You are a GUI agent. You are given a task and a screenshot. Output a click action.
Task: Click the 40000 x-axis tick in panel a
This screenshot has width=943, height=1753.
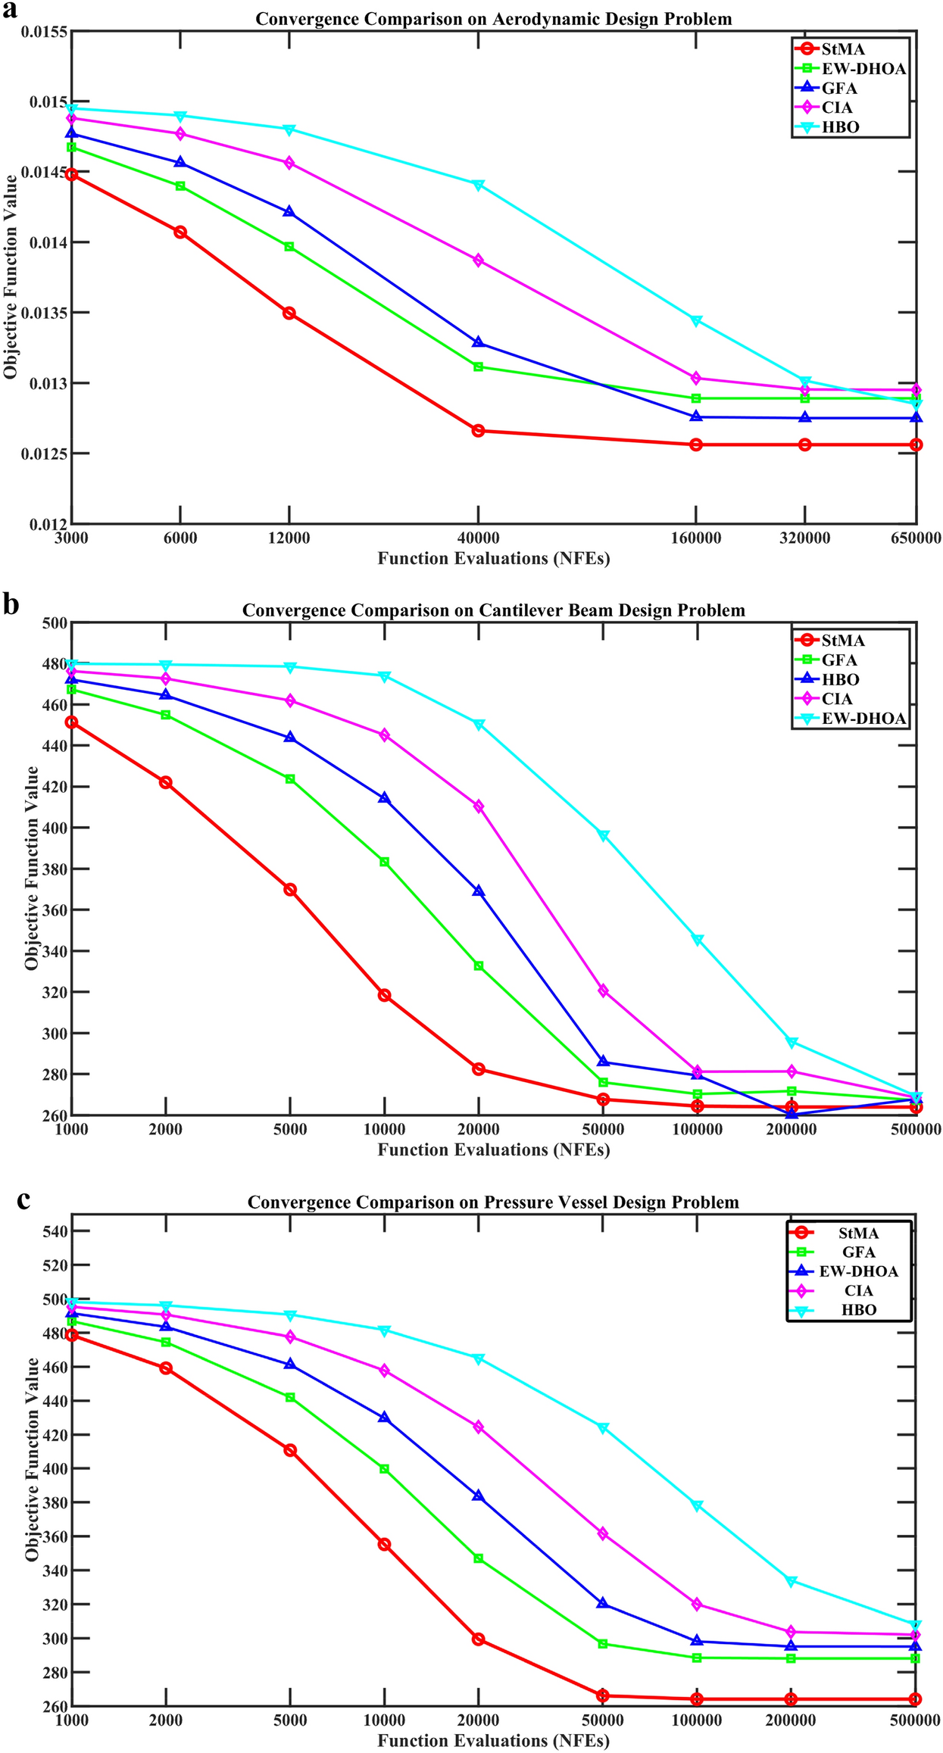[478, 538]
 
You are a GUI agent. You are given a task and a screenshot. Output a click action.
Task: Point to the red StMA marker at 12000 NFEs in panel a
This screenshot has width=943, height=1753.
[289, 313]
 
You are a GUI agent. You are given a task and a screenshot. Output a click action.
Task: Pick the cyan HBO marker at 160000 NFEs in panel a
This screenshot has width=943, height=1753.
[696, 321]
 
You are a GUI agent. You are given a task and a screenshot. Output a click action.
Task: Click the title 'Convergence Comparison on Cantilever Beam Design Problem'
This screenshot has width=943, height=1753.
[493, 610]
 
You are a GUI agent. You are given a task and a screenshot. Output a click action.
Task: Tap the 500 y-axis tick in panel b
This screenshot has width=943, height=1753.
[57, 623]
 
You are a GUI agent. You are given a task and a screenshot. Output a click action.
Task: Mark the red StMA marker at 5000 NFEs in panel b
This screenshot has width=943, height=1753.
[289, 890]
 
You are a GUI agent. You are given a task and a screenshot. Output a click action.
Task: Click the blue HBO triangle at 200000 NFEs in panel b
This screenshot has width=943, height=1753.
[792, 1113]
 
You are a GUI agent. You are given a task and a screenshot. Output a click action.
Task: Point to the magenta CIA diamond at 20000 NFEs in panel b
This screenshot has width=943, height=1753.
[478, 806]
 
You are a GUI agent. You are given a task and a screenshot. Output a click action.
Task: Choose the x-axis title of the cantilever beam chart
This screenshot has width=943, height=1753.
[493, 1149]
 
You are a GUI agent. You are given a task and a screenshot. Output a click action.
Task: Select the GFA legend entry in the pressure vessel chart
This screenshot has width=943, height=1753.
[858, 1252]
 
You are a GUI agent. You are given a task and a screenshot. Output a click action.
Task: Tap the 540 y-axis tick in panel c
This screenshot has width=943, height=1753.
[57, 1232]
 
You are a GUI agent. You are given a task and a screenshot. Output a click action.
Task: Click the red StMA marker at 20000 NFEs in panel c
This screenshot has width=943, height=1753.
[478, 1639]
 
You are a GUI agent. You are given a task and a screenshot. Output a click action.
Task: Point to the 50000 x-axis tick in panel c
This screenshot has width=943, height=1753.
[603, 1720]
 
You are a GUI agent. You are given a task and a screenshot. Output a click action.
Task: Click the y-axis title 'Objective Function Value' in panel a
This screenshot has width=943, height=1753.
[11, 276]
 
